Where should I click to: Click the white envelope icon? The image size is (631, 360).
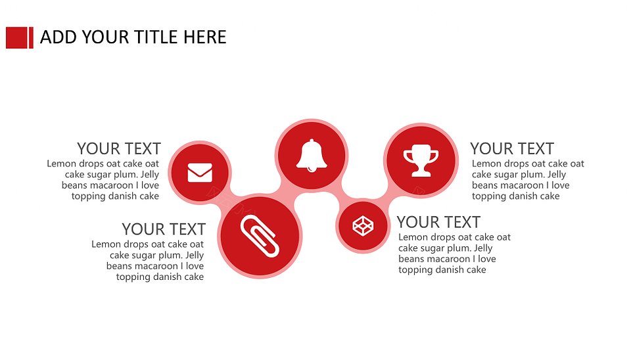click(x=200, y=173)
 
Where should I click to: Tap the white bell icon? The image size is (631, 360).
click(x=312, y=155)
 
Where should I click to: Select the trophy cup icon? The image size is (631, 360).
click(x=421, y=160)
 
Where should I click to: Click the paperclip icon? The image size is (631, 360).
click(x=260, y=236)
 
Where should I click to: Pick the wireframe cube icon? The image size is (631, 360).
click(x=363, y=225)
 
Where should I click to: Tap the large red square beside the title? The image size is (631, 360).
click(x=16, y=38)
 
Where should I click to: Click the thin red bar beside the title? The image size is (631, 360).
click(x=32, y=38)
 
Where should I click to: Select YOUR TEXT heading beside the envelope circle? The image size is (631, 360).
click(x=119, y=149)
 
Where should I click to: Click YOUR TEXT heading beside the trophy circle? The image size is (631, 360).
click(x=512, y=149)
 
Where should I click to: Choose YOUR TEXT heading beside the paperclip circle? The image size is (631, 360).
click(x=164, y=229)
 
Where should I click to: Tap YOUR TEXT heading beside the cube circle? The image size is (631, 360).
click(x=438, y=222)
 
